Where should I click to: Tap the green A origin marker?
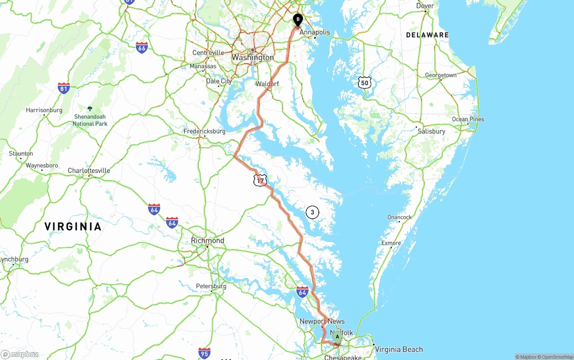pos(337,337)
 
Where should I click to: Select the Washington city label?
pos(252,57)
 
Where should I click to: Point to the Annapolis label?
pos(315,32)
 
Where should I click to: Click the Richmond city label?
pos(207,241)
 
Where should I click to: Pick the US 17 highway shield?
pos(260,180)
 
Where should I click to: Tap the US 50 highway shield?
pos(365,82)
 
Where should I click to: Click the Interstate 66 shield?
pos(142,48)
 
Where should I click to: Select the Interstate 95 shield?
pos(204,353)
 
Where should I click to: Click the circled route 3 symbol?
pos(312,213)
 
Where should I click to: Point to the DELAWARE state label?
pos(427,35)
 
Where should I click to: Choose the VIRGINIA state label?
pos(73,227)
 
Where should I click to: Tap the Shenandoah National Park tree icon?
pos(90,108)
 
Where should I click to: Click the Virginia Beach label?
pos(399,349)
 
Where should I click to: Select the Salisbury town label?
pos(431,131)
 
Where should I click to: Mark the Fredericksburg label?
pos(204,131)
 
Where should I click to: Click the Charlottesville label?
pos(89,171)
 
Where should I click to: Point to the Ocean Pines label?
pos(468,119)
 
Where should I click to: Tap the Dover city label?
pos(425,6)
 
